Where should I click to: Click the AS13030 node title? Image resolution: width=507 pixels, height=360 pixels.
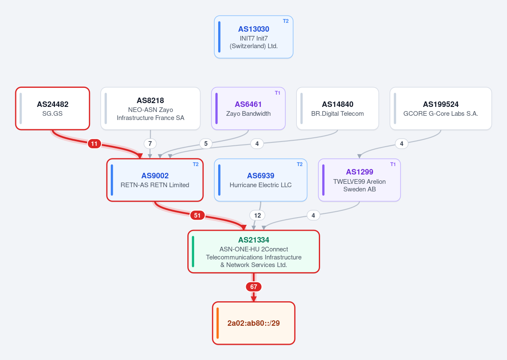pyautogui.click(x=254, y=29)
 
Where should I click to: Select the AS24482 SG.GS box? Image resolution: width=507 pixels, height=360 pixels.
pyautogui.click(x=52, y=109)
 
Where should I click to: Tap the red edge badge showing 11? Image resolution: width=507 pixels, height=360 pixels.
pyautogui.click(x=94, y=144)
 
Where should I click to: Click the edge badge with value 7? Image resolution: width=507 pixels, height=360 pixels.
pyautogui.click(x=150, y=144)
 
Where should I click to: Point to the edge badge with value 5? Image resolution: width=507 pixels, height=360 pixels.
pyautogui.click(x=206, y=144)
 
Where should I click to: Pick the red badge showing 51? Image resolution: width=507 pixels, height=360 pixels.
pyautogui.click(x=197, y=215)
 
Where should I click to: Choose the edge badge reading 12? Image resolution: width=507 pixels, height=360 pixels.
pyautogui.click(x=258, y=215)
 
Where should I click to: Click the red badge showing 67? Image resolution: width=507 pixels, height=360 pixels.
pyautogui.click(x=254, y=286)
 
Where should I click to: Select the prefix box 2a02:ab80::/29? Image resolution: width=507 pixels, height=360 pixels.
pyautogui.click(x=254, y=323)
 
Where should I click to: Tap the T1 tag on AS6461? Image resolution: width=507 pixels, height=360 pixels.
pyautogui.click(x=277, y=93)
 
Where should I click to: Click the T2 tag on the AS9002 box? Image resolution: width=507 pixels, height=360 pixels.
pyautogui.click(x=196, y=164)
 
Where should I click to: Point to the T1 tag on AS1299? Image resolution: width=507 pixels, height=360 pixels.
pyautogui.click(x=393, y=164)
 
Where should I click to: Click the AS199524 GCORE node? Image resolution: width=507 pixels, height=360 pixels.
pyautogui.click(x=441, y=109)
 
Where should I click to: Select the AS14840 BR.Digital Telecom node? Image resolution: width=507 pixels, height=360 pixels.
pyautogui.click(x=337, y=109)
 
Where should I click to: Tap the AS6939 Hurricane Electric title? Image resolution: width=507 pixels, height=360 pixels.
pyautogui.click(x=260, y=176)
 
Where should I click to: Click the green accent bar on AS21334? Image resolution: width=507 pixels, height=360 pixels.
pyautogui.click(x=193, y=252)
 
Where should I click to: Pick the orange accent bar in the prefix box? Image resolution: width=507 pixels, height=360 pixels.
pyautogui.click(x=218, y=323)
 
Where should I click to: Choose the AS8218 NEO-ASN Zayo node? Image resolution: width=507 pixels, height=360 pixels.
pyautogui.click(x=151, y=109)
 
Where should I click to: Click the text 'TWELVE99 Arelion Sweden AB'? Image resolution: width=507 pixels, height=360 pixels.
pyautogui.click(x=359, y=185)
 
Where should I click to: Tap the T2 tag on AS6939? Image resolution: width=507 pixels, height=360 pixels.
pyautogui.click(x=300, y=164)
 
